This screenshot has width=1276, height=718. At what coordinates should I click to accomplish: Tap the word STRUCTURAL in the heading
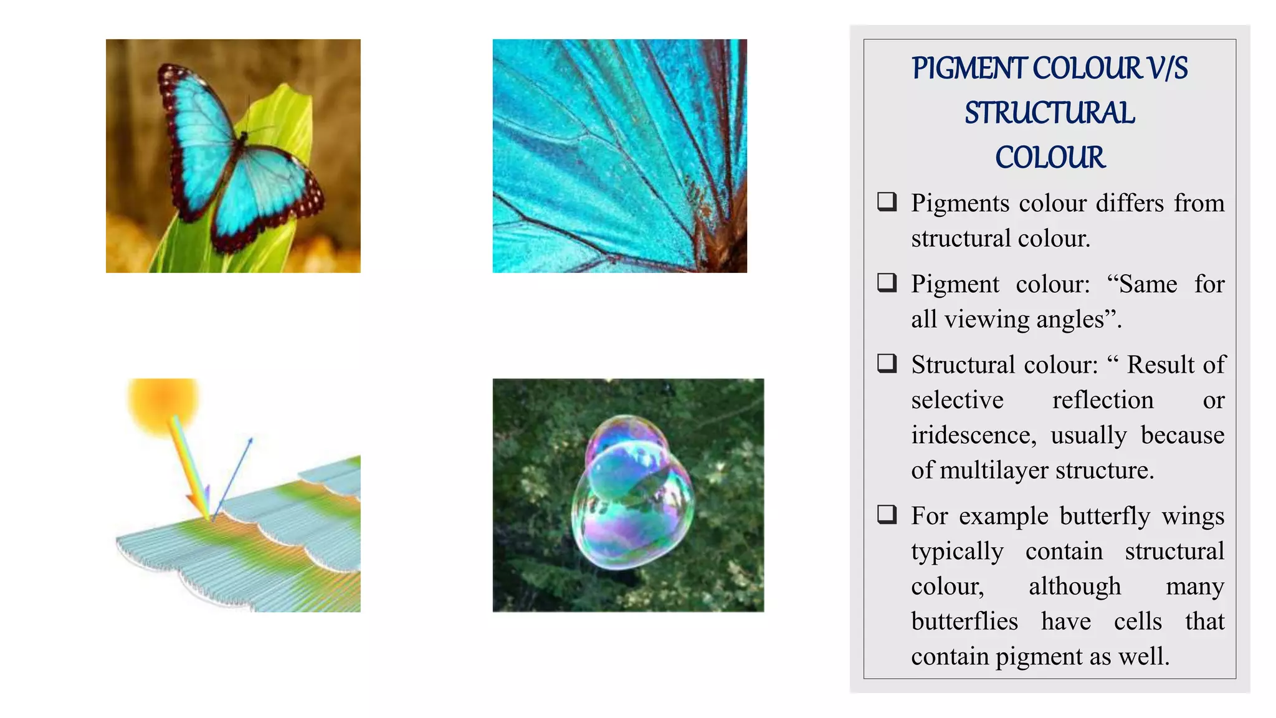click(x=1050, y=113)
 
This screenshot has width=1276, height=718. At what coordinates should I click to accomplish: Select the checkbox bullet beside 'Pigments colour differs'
click(x=887, y=201)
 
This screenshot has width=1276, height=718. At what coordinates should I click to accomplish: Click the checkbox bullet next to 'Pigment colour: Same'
click(x=887, y=282)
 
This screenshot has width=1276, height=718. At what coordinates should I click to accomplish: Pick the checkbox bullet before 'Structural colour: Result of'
click(x=887, y=363)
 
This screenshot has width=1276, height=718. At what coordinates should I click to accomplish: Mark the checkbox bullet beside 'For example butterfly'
click(x=887, y=514)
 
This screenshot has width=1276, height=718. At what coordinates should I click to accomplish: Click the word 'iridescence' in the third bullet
click(x=973, y=435)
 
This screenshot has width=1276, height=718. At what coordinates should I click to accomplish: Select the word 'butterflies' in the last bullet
click(x=964, y=621)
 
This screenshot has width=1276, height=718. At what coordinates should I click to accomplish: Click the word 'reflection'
click(x=1103, y=400)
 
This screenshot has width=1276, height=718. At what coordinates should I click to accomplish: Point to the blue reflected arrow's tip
click(x=251, y=439)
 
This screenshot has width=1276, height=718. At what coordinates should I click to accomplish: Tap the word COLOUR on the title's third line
click(x=1050, y=158)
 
